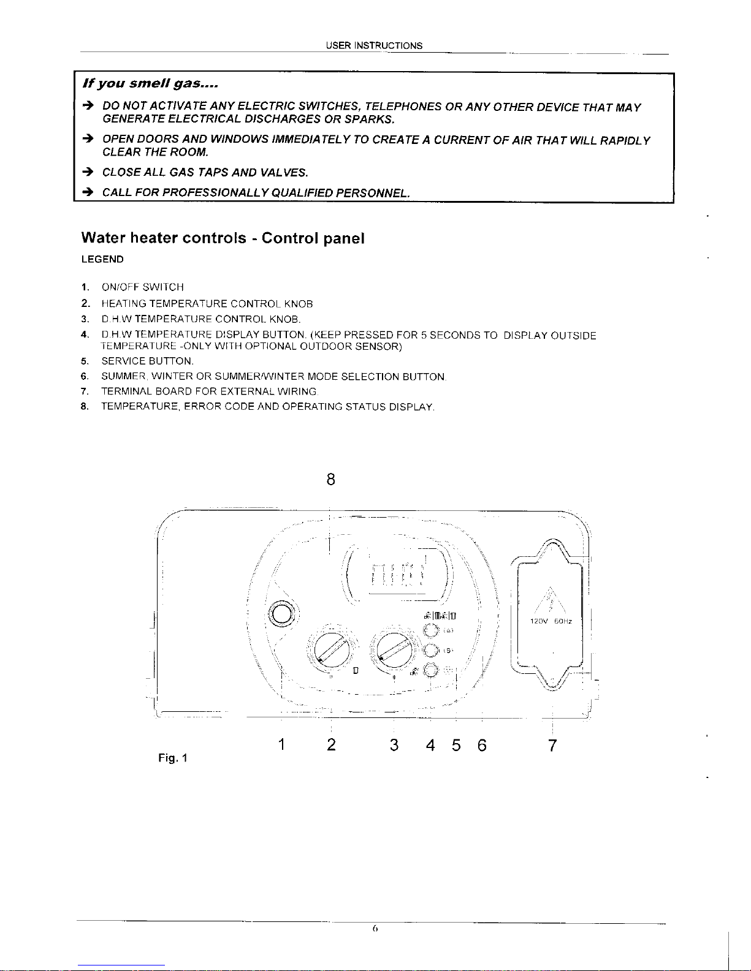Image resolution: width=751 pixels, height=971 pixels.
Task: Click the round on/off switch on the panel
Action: coord(283,614)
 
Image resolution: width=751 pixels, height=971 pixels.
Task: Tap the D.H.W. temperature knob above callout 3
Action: coord(395,649)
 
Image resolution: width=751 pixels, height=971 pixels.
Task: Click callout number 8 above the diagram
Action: coord(331,480)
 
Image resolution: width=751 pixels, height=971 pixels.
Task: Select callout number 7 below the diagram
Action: coord(552,746)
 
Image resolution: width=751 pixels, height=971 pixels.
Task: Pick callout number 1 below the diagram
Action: coord(280,746)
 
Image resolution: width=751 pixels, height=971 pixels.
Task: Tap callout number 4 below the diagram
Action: coord(430,746)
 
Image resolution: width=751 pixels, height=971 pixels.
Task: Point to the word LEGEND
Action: coord(102,260)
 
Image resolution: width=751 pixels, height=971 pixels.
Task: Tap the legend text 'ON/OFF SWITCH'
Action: coord(142,287)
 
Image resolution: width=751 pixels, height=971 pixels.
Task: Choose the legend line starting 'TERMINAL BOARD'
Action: coord(208,391)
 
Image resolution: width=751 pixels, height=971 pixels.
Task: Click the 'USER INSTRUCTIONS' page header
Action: coord(374,45)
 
